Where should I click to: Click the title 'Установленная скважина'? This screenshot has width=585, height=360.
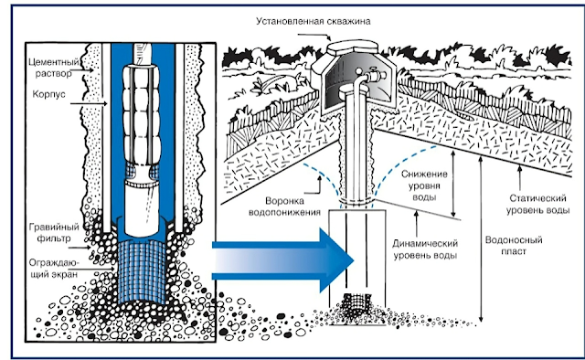pyautogui.click(x=313, y=21)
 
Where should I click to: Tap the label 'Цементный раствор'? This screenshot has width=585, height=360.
pyautogui.click(x=54, y=68)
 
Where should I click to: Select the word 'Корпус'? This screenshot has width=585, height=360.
pyautogui.click(x=48, y=93)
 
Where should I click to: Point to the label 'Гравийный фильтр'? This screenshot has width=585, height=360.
pyautogui.click(x=54, y=232)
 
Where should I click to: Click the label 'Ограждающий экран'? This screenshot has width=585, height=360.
pyautogui.click(x=54, y=269)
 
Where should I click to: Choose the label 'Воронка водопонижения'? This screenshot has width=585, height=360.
pyautogui.click(x=284, y=206)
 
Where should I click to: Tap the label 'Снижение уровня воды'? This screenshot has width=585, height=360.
pyautogui.click(x=424, y=185)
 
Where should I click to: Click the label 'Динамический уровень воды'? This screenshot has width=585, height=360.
pyautogui.click(x=425, y=249)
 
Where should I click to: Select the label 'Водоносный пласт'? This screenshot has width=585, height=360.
pyautogui.click(x=514, y=245)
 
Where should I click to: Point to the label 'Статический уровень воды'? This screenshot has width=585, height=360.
pyautogui.click(x=537, y=204)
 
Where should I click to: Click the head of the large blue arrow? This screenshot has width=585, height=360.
pyautogui.click(x=336, y=260)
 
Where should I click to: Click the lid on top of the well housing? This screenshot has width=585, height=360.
pyautogui.click(x=353, y=48)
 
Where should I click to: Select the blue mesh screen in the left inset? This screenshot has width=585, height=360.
pyautogui.click(x=142, y=270)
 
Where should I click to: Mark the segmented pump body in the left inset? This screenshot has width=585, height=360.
pyautogui.click(x=142, y=115)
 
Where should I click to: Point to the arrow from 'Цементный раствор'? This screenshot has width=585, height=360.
pyautogui.click(x=87, y=70)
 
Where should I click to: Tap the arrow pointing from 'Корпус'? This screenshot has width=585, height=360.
pyautogui.click(x=89, y=104)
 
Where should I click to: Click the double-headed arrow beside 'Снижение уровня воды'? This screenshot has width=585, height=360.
pyautogui.click(x=453, y=184)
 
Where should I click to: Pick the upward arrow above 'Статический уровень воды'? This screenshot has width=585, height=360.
pyautogui.click(x=520, y=178)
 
